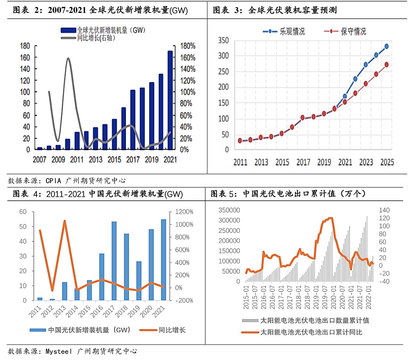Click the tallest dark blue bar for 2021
click(x=170, y=100)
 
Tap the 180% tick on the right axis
click(x=188, y=46)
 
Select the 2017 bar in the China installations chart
click(x=114, y=261)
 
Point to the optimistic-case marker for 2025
click(x=386, y=47)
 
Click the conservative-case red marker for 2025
click(x=386, y=64)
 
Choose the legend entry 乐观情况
click(x=284, y=32)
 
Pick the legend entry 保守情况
click(x=345, y=32)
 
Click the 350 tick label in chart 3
click(x=223, y=40)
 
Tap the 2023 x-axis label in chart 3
click(x=366, y=162)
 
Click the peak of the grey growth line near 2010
click(x=68, y=58)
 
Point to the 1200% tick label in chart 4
click(x=184, y=211)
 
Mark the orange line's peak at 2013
click(x=64, y=221)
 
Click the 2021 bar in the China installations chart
click(x=163, y=260)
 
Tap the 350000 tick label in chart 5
click(x=229, y=210)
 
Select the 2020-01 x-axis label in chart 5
click(x=333, y=297)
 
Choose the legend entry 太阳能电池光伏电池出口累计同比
click(x=302, y=332)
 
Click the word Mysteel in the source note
click(x=59, y=351)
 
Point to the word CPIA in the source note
click(x=53, y=181)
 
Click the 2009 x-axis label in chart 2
click(x=58, y=159)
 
